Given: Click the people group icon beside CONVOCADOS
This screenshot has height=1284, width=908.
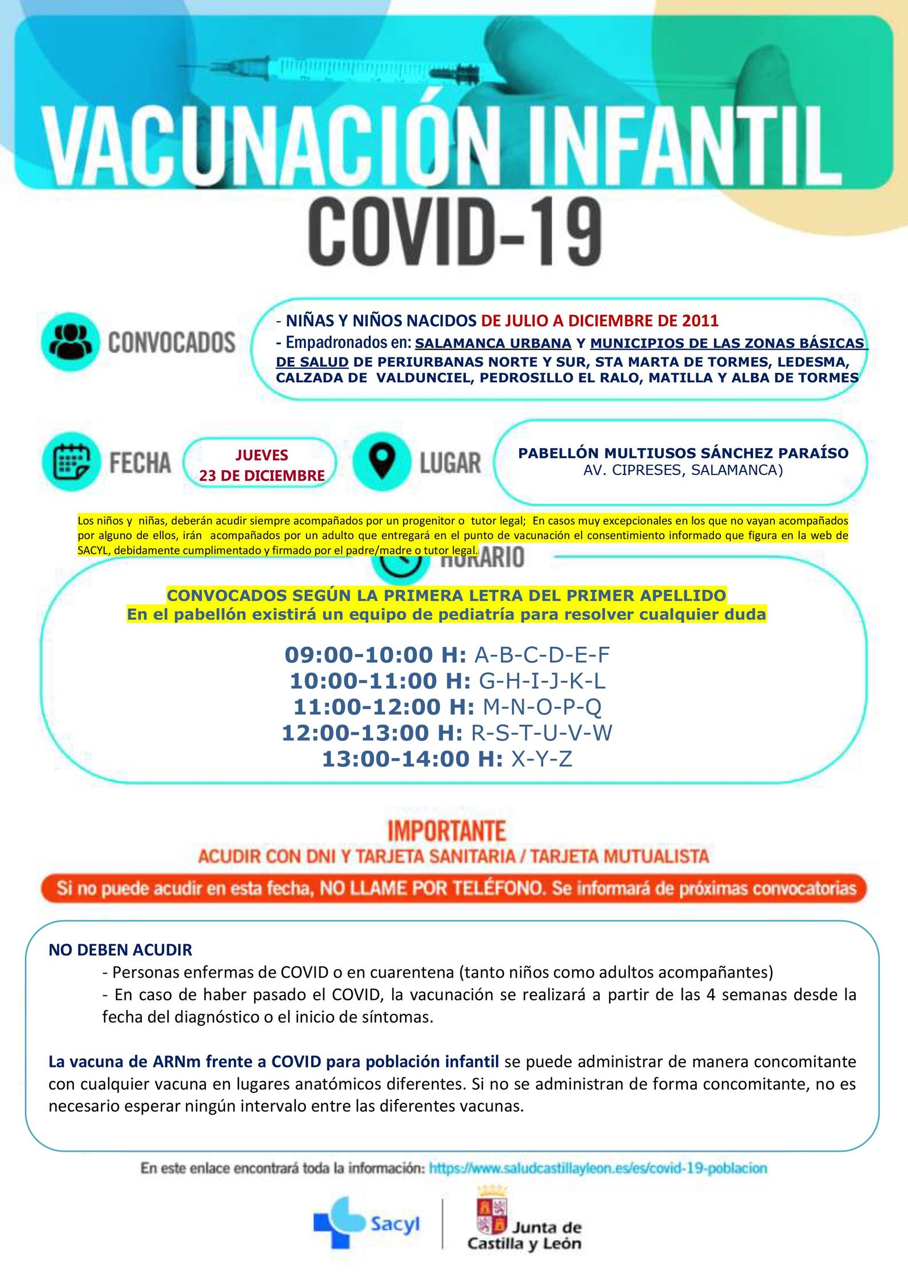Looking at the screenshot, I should [x=70, y=342].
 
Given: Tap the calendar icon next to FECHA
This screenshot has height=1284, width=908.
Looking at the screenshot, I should [x=71, y=462].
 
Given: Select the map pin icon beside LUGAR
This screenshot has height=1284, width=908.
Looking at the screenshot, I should [x=381, y=462].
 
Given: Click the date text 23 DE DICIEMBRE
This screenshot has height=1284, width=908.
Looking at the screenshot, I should [x=262, y=476].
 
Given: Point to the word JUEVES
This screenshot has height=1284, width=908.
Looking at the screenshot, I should [x=262, y=455].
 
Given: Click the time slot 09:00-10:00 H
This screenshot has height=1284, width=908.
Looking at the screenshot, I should [x=375, y=655].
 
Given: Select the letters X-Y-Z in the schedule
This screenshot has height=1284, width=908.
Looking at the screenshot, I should [x=542, y=759].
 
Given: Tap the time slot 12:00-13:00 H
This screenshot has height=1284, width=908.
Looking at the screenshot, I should [x=372, y=733].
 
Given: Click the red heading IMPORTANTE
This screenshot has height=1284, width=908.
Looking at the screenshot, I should [x=447, y=832].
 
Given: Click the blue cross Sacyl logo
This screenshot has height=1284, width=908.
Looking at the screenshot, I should [x=338, y=1223].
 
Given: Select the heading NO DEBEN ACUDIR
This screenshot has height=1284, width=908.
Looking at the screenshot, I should [x=120, y=950].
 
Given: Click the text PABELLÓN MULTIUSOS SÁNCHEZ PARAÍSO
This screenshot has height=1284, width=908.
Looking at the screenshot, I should [x=683, y=453].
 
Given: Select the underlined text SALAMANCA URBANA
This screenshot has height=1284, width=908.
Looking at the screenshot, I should [x=493, y=343].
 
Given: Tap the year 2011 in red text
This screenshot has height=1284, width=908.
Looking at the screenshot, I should [x=700, y=321].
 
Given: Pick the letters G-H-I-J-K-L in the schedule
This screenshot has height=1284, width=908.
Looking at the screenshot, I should [x=543, y=681].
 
